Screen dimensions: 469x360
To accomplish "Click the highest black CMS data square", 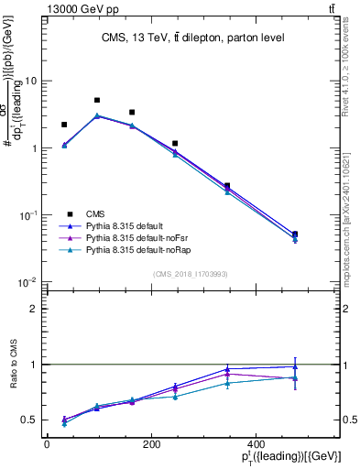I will (97, 100).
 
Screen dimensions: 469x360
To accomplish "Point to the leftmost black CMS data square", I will (64, 125).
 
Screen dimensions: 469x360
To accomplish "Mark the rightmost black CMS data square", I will (294, 234).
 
